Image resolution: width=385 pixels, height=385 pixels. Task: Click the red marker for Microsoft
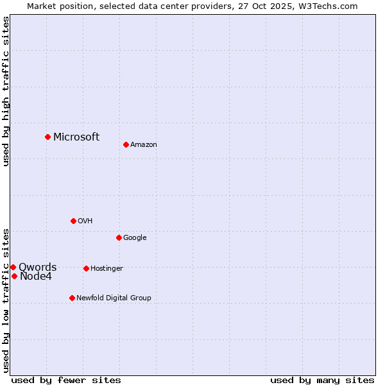click(x=47, y=137)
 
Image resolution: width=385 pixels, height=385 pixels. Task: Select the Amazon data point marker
click(x=126, y=144)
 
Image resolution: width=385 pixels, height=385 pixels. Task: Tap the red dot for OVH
click(x=73, y=221)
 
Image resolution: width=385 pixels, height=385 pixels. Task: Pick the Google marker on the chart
click(x=119, y=237)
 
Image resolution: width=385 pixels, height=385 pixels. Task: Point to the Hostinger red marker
click(x=86, y=268)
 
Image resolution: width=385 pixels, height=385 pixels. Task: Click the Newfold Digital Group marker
click(x=72, y=298)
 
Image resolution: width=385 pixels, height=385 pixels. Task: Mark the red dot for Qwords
click(x=13, y=267)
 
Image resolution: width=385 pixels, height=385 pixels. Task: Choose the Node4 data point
click(x=14, y=276)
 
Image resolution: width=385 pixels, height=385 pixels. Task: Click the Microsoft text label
click(x=76, y=137)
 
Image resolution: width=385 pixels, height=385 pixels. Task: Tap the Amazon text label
click(x=144, y=145)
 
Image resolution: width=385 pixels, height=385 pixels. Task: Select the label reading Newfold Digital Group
click(x=114, y=298)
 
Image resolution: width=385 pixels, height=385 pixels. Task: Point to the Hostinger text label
click(x=107, y=268)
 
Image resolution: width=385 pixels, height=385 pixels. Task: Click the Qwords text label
click(x=37, y=268)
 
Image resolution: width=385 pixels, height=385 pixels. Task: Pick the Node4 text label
click(x=36, y=277)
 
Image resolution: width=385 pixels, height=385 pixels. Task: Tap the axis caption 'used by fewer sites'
click(x=66, y=380)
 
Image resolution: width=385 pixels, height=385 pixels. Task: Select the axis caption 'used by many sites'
click(x=322, y=380)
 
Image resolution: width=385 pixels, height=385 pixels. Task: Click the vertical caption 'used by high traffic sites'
click(x=6, y=91)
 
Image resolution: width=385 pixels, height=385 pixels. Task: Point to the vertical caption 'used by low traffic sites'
click(x=6, y=300)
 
